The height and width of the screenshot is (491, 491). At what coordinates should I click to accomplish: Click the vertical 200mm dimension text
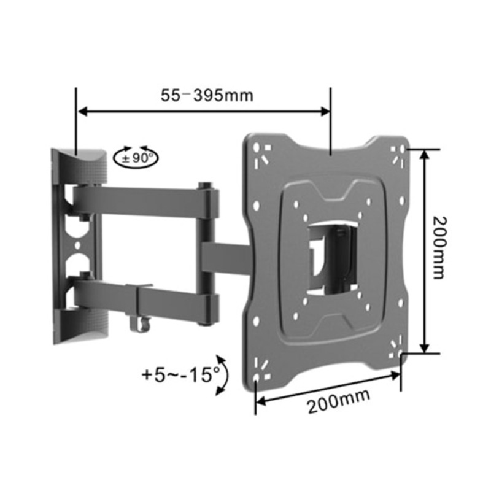[438, 247]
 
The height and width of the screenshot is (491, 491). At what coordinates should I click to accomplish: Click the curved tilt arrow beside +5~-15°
[222, 374]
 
